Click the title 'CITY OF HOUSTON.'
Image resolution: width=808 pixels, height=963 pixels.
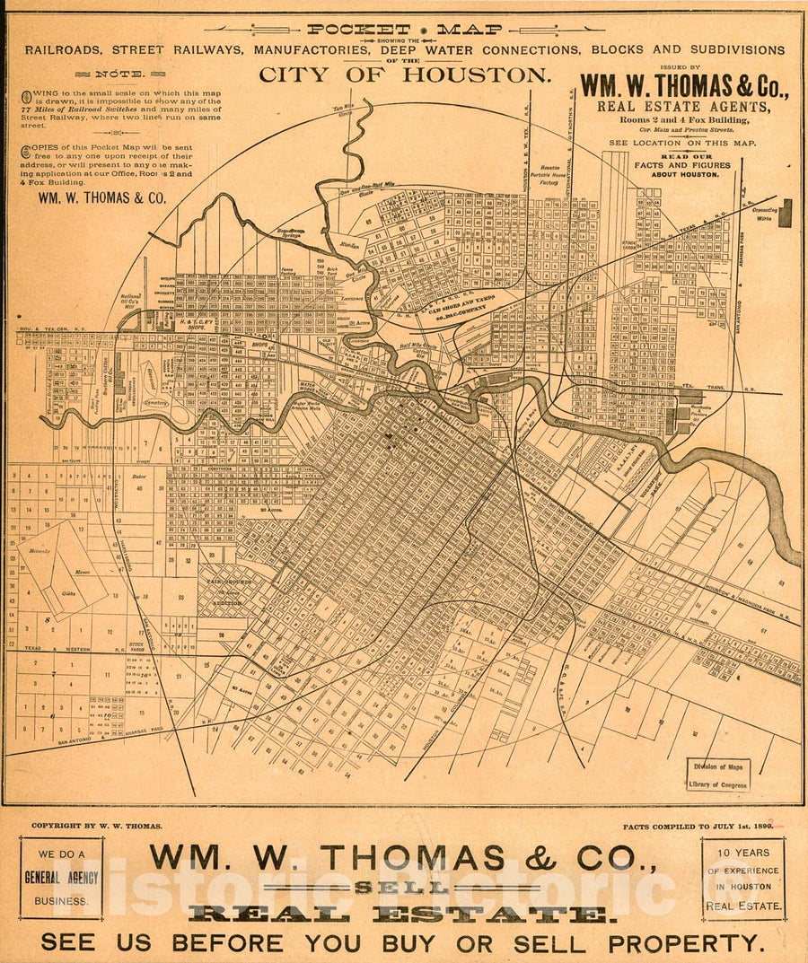click(404, 75)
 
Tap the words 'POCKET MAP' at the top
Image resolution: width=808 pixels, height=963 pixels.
click(404, 29)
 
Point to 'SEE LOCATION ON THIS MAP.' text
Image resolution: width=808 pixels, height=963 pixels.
click(682, 143)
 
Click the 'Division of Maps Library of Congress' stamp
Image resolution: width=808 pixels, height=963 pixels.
click(717, 775)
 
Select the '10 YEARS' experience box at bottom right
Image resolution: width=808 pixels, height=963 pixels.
click(743, 879)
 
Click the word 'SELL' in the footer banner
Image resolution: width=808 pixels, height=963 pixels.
click(402, 887)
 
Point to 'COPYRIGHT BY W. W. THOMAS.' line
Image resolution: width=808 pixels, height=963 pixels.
click(97, 826)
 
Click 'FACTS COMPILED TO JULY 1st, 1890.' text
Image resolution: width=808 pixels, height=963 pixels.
click(697, 826)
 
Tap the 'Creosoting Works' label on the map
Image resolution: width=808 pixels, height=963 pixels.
click(764, 214)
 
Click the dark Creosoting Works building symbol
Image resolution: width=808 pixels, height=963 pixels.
click(786, 214)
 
